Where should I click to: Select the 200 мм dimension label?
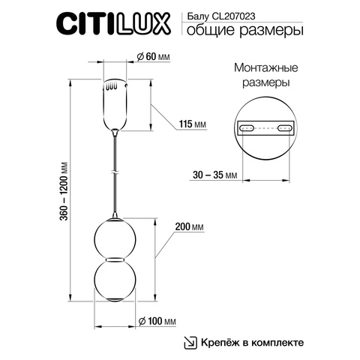188,226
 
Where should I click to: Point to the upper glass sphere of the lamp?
115,236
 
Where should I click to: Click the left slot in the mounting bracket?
248,129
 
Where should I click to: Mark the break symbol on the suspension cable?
115,172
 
